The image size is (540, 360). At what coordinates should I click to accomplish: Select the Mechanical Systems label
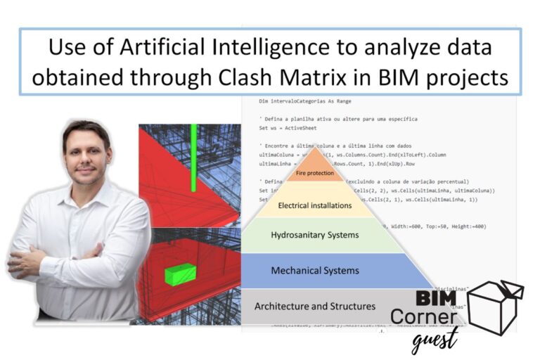pos(315,270)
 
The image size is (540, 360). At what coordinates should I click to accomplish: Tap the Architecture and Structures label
pos(314,306)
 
